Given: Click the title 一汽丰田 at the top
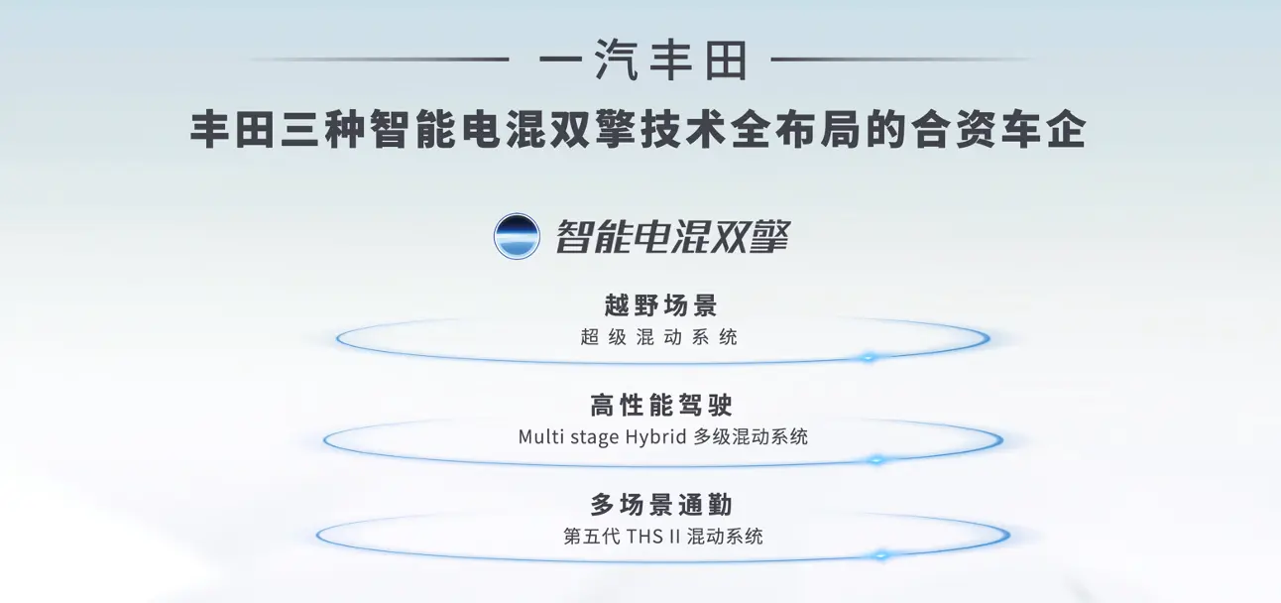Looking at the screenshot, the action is [x=643, y=60].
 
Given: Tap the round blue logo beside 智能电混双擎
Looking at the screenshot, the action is [x=517, y=236].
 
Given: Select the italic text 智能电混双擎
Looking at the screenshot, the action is [x=672, y=236].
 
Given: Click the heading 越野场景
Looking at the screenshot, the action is [x=660, y=304].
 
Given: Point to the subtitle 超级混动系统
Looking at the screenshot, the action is [x=658, y=337].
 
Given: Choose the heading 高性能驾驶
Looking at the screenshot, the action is [x=661, y=405].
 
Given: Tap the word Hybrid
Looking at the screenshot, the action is [x=655, y=437].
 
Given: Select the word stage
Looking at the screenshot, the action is [x=594, y=437].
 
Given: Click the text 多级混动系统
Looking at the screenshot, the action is [x=751, y=436].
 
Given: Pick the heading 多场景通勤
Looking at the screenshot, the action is [x=661, y=505].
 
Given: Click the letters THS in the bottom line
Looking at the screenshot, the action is [x=644, y=537].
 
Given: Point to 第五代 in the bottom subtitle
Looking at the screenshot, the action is [x=591, y=537].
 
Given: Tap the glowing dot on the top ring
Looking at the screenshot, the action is [x=869, y=358].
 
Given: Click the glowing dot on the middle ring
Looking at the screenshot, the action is [x=876, y=459].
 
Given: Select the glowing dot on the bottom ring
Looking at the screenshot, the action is [x=881, y=555].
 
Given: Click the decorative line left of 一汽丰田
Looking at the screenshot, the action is [x=379, y=59].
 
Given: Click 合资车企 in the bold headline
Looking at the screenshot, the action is [x=997, y=131].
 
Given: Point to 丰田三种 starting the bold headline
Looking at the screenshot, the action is [x=278, y=131].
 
